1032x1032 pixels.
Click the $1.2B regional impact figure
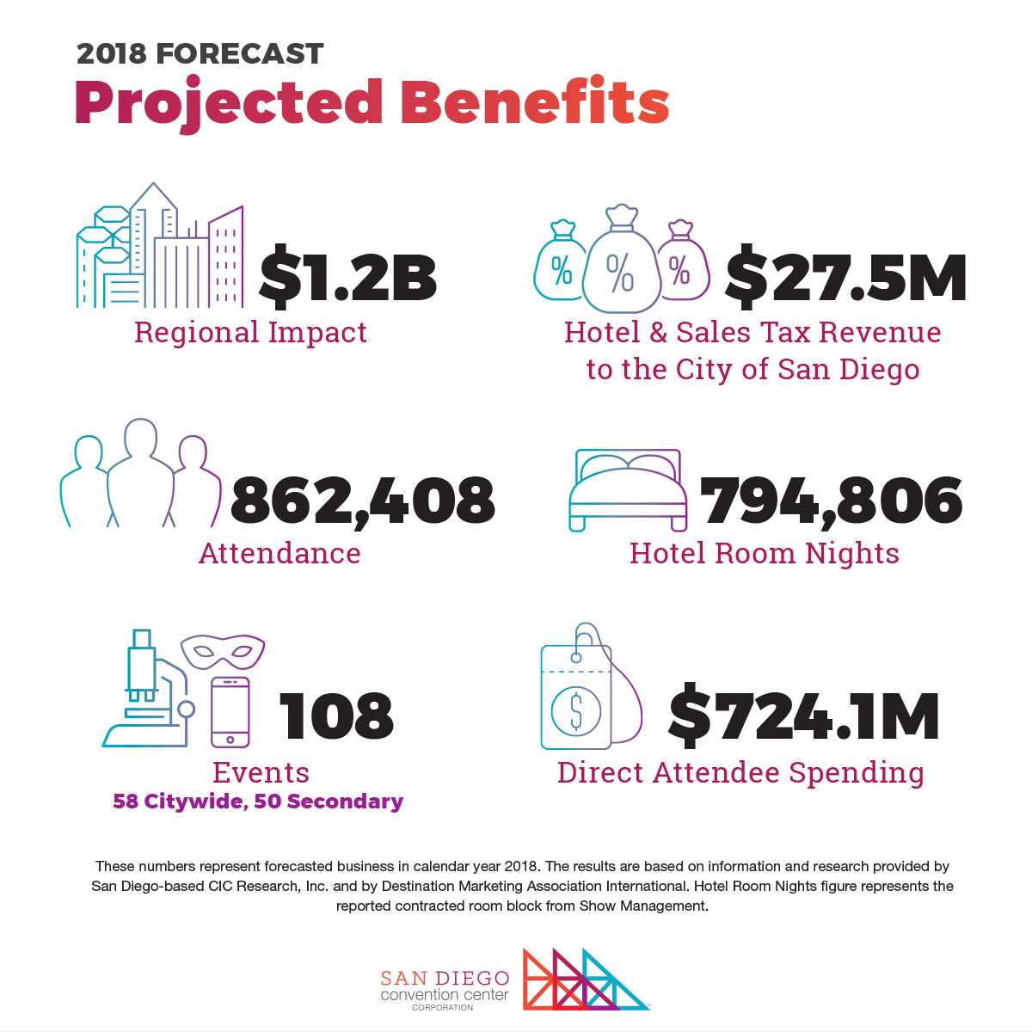pos(347,277)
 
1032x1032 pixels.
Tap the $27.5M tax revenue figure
pos(845,277)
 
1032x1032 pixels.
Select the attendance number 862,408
pos(363,501)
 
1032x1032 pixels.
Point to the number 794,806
pos(831,501)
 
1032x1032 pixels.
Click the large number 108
pos(336,716)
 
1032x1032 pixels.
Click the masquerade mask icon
pos(223,651)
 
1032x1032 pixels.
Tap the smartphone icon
pos(230,712)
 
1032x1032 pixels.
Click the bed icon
pos(628,490)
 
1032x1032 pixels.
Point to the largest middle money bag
pos(621,259)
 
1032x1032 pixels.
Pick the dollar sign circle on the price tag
pos(575,711)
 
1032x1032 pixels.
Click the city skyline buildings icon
pos(160,245)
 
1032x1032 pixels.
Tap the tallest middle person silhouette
pos(141,472)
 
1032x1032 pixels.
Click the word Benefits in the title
pos(535,101)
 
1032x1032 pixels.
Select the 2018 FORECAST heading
pos(200,53)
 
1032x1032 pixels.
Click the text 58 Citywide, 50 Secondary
pos(258,802)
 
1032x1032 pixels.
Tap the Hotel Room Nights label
pos(765,553)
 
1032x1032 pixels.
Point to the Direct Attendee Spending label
pos(740,774)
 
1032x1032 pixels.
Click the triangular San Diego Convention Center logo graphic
pos(586,980)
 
